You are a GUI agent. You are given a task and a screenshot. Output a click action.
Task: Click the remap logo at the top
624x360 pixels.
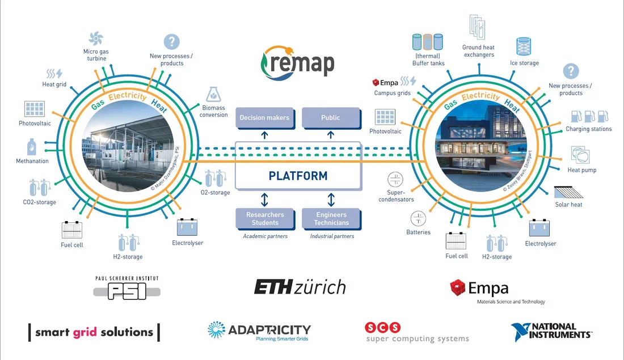click(297, 61)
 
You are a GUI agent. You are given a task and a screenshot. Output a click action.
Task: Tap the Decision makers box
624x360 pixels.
click(264, 118)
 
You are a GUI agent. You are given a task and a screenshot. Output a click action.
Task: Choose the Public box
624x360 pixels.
click(330, 118)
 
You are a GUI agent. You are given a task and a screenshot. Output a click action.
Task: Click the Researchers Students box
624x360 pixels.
click(265, 219)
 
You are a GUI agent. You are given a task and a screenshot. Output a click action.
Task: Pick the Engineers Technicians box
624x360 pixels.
click(331, 219)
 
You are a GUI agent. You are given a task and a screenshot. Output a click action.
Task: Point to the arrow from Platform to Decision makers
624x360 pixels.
click(264, 135)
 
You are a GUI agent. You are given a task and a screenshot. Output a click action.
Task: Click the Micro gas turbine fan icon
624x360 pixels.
click(96, 39)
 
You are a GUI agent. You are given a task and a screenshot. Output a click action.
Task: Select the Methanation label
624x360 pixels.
click(32, 161)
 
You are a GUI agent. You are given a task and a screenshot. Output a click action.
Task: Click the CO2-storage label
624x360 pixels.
click(39, 202)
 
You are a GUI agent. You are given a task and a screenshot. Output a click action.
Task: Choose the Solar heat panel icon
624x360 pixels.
click(568, 192)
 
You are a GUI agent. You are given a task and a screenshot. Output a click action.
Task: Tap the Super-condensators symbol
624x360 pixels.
click(395, 180)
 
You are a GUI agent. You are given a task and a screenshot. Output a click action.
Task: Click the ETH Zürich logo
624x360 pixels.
click(300, 287)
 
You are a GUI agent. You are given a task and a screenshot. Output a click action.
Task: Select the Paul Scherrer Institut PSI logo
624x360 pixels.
click(127, 287)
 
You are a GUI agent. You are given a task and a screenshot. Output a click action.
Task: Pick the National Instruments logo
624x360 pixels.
click(551, 332)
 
